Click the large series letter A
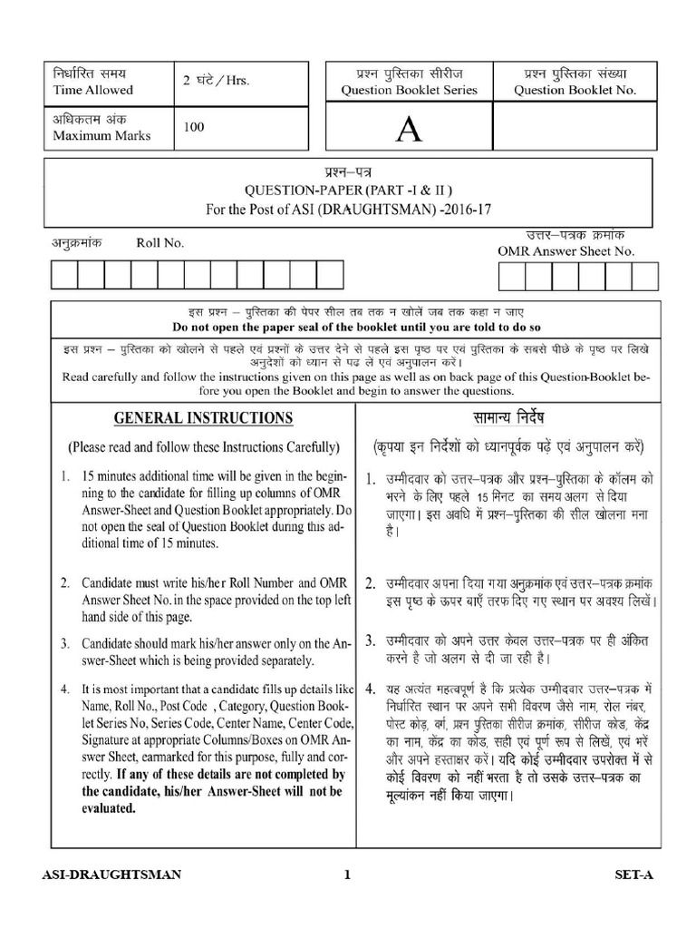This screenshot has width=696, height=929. coord(410,132)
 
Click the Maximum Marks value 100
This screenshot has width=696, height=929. coord(194,128)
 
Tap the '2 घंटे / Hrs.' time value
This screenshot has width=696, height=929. coord(216,81)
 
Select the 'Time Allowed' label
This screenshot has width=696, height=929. coord(92,90)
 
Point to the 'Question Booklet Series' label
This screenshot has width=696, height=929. coord(409,90)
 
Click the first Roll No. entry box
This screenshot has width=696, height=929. coord(65,274)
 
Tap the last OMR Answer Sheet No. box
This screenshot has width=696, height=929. coord(644,274)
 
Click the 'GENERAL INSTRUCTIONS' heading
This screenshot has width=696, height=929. coord(203,418)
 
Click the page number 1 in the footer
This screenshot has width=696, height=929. coord(347,875)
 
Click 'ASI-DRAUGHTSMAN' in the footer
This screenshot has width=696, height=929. coord(112,875)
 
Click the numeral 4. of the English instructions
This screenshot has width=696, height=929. coord(65,689)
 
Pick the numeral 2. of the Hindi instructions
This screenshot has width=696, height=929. coord(371,582)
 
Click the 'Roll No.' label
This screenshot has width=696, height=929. coord(159,243)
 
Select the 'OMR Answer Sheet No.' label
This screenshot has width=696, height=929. coord(565,251)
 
